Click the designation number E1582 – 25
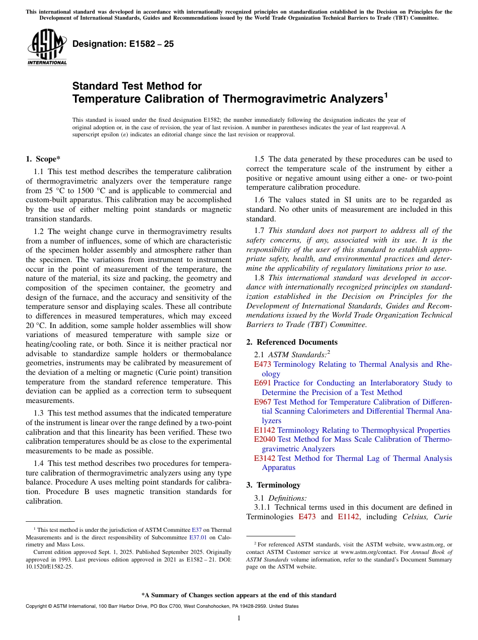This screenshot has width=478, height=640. [123, 44]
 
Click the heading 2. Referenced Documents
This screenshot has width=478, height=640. [292, 342]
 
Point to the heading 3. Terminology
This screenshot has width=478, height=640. [273, 485]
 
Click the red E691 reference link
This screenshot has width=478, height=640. [263, 383]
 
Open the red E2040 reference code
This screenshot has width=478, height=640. [265, 439]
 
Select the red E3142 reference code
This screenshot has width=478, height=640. [265, 458]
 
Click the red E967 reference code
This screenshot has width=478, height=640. [263, 402]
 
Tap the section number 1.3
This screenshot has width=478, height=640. [39, 413]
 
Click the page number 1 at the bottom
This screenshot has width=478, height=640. [239, 618]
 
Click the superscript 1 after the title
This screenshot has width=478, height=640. [386, 95]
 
